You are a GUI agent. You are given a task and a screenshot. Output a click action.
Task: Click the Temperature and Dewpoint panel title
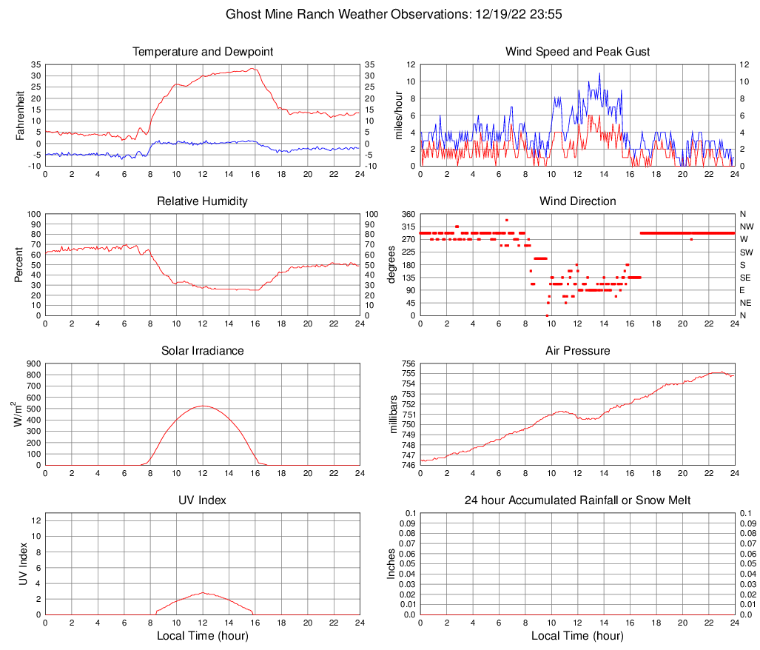[x=203, y=52]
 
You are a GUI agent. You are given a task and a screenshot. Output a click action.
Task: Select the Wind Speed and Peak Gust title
[x=578, y=52]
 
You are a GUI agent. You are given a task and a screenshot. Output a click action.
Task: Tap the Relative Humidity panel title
[x=203, y=201]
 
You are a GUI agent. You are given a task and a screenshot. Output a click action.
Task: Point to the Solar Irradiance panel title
[x=203, y=351]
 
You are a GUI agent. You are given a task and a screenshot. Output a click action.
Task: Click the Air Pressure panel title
[x=578, y=351]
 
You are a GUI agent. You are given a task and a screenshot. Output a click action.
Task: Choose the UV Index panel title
[x=203, y=500]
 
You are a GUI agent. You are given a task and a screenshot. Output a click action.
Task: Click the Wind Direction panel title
[x=578, y=201]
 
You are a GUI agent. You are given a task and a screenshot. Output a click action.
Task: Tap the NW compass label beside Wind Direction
[x=746, y=227]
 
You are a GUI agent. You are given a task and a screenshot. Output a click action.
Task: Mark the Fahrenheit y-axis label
[x=21, y=115]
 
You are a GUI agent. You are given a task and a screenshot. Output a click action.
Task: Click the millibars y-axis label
[x=394, y=415]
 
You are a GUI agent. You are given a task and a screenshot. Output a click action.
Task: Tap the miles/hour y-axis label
[x=399, y=115]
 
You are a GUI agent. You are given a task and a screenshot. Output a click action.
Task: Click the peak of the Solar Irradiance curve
[x=203, y=406]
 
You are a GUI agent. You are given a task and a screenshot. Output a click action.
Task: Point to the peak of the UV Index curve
[x=203, y=592]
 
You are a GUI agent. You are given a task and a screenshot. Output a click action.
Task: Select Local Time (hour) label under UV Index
[x=203, y=635]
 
